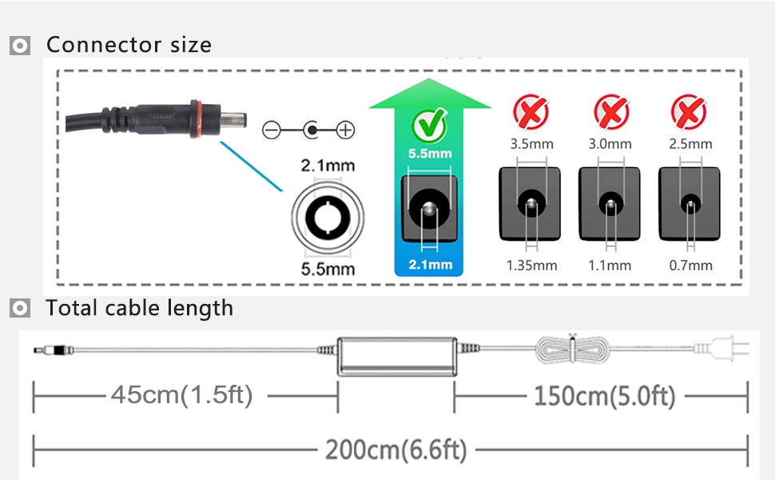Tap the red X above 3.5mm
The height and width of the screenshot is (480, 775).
pyautogui.click(x=531, y=113)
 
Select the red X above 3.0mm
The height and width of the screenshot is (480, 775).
pyautogui.click(x=610, y=113)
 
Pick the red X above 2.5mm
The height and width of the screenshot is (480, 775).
pyautogui.click(x=689, y=113)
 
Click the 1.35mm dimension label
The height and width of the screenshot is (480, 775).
pyautogui.click(x=531, y=265)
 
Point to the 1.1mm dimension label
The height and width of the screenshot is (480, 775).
pyautogui.click(x=610, y=265)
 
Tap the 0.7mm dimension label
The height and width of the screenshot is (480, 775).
pyautogui.click(x=690, y=265)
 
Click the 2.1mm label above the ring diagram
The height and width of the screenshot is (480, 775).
pyautogui.click(x=328, y=166)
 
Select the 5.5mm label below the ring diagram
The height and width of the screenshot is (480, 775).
pyautogui.click(x=328, y=269)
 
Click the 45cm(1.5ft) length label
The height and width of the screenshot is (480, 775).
pyautogui.click(x=182, y=394)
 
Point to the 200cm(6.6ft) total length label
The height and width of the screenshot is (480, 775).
pyautogui.click(x=395, y=450)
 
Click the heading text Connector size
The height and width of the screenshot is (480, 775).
pyautogui.click(x=129, y=45)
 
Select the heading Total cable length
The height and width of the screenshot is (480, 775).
pyautogui.click(x=140, y=308)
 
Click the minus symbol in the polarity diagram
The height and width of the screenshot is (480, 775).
pyautogui.click(x=271, y=129)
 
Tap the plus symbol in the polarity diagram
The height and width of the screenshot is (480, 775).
pyautogui.click(x=346, y=129)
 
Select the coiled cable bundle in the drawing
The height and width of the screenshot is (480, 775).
pyautogui.click(x=570, y=350)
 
